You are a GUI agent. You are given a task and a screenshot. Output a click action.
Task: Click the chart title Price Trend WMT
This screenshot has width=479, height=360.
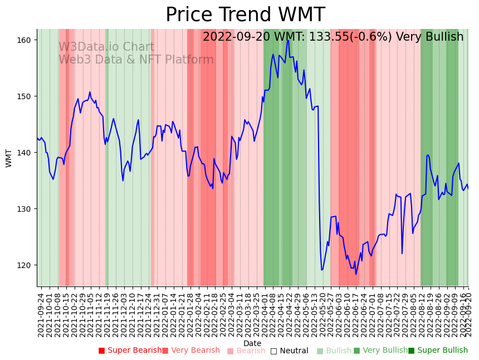[x=245, y=15]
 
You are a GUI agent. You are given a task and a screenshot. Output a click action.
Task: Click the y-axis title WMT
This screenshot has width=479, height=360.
[x=9, y=158]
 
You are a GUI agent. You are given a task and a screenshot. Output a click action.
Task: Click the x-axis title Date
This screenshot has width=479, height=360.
[x=252, y=343]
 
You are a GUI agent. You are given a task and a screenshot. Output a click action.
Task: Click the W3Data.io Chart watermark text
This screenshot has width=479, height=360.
[x=106, y=47]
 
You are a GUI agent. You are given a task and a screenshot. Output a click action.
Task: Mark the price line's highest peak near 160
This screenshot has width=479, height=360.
[x=288, y=40]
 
